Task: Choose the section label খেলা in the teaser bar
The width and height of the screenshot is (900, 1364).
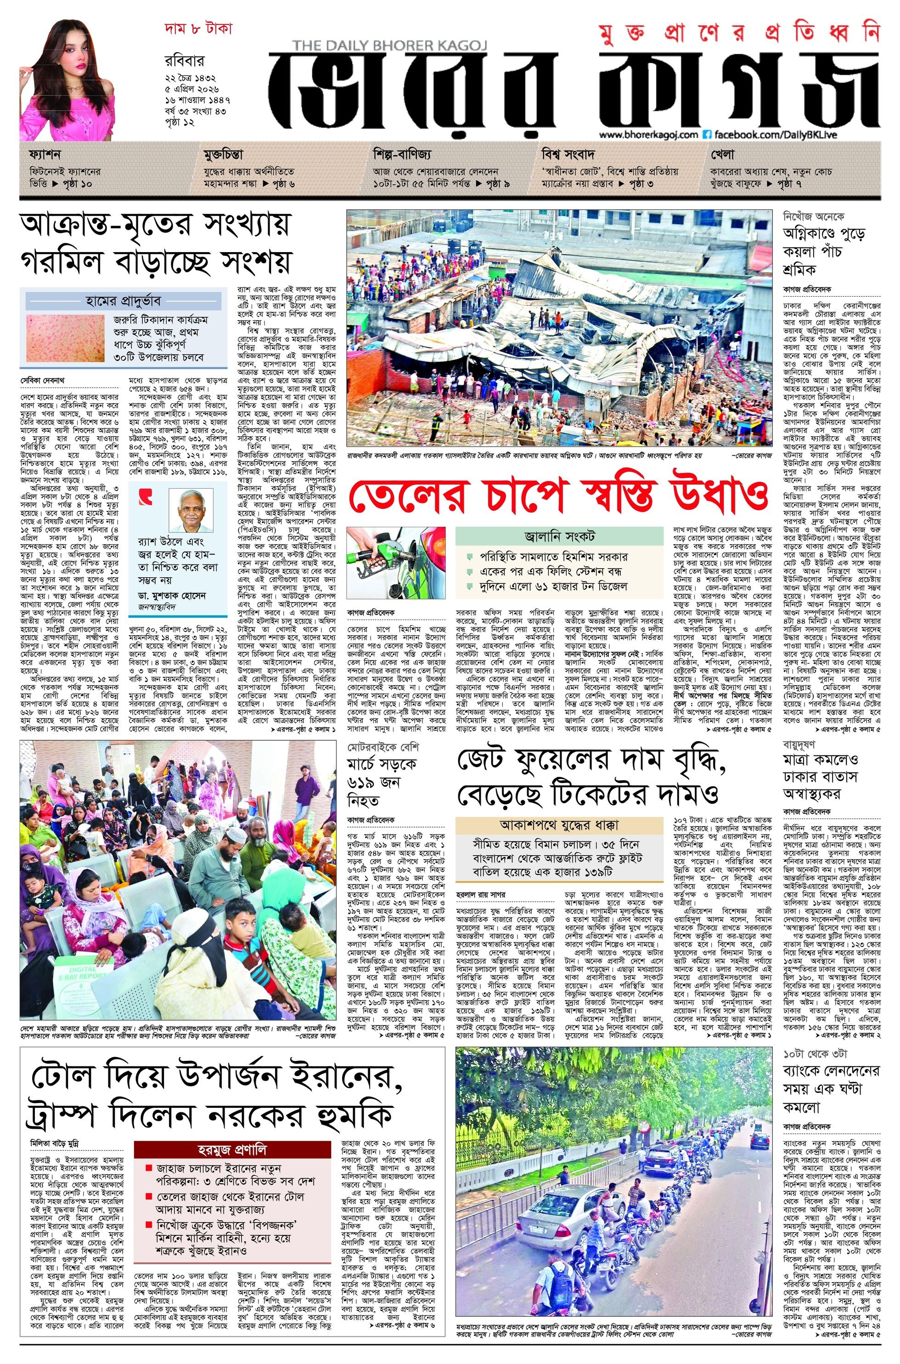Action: (x=722, y=155)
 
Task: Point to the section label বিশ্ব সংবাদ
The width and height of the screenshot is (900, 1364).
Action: (x=567, y=155)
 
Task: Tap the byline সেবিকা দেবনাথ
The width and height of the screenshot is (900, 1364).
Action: (x=44, y=380)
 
